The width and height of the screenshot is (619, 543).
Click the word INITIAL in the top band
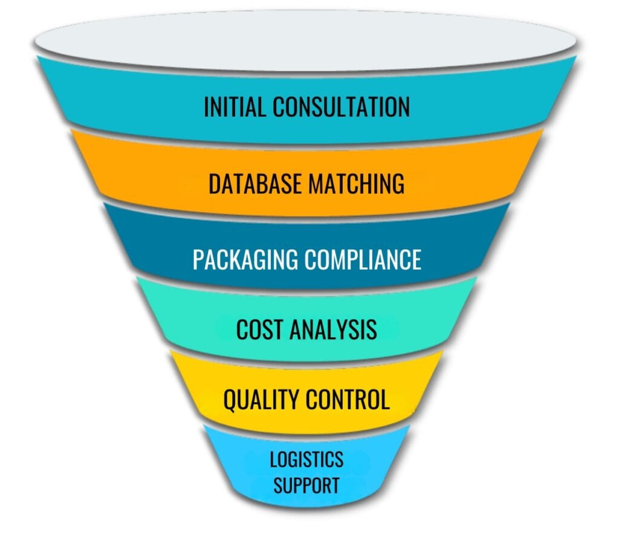click(x=235, y=108)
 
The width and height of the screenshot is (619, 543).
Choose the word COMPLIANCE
click(x=363, y=259)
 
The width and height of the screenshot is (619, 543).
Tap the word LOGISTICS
click(x=306, y=460)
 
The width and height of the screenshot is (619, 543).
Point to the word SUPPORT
click(x=306, y=485)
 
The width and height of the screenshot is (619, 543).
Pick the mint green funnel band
click(x=181, y=314)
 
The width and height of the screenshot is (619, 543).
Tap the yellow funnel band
click(x=199, y=387)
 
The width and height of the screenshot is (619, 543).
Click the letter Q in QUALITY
click(x=230, y=400)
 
